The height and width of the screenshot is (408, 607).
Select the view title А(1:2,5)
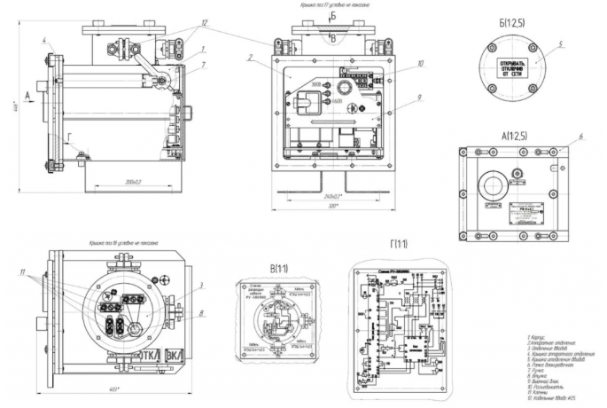point(515,137)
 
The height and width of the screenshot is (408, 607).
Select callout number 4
point(43,40)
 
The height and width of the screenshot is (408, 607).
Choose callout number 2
point(251,58)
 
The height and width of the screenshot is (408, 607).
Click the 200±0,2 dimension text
point(134,181)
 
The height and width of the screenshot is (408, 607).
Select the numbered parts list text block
point(559,363)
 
